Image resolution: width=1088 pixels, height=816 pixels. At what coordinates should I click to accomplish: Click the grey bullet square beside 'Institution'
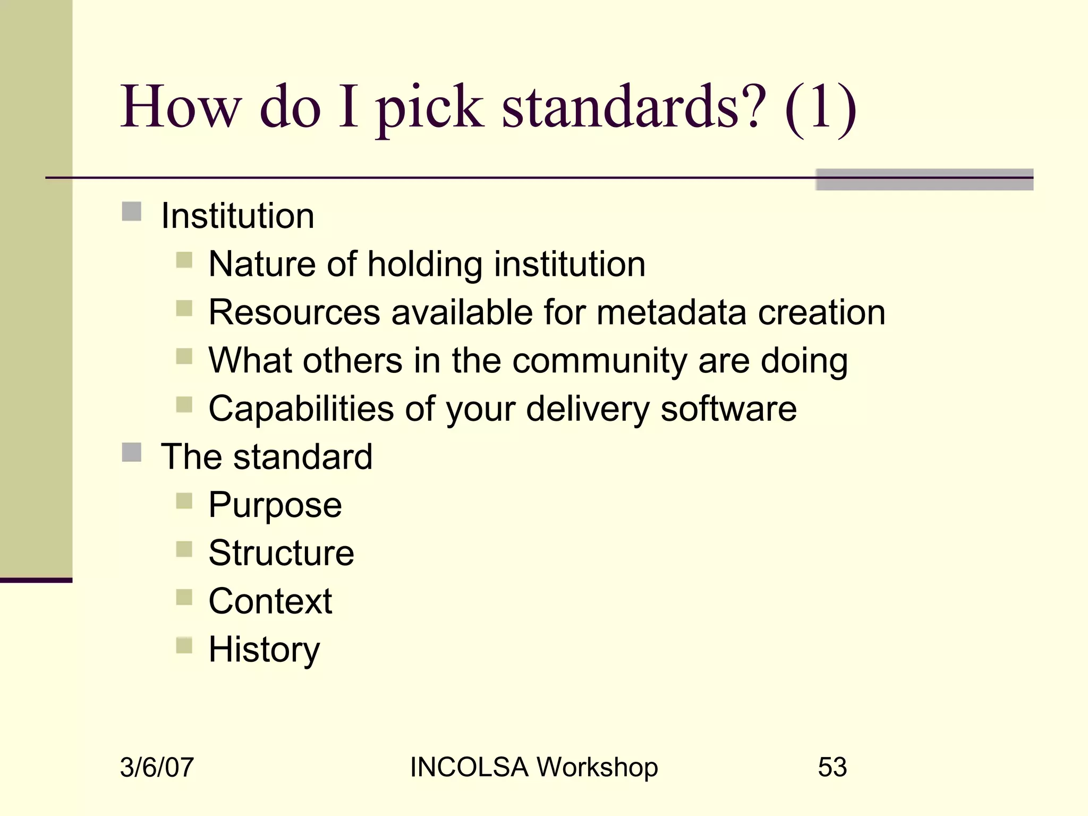(132, 211)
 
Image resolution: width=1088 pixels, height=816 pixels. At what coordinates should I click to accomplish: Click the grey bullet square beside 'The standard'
(132, 453)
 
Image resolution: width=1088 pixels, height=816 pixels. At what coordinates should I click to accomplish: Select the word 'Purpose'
(275, 505)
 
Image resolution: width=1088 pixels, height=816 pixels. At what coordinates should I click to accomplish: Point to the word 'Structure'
(281, 553)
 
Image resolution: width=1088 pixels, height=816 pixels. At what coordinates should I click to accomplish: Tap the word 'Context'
(270, 601)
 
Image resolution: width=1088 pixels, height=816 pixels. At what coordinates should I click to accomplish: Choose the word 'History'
(264, 650)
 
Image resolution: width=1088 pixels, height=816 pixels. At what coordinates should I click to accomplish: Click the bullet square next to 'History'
(184, 645)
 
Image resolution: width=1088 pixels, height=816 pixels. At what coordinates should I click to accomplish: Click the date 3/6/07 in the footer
(157, 767)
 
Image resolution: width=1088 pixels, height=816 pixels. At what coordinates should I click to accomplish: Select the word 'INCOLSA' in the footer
(469, 767)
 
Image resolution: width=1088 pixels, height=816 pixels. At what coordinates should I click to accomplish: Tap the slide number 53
(832, 767)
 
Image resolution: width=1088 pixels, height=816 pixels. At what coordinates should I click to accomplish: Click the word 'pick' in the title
(430, 109)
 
